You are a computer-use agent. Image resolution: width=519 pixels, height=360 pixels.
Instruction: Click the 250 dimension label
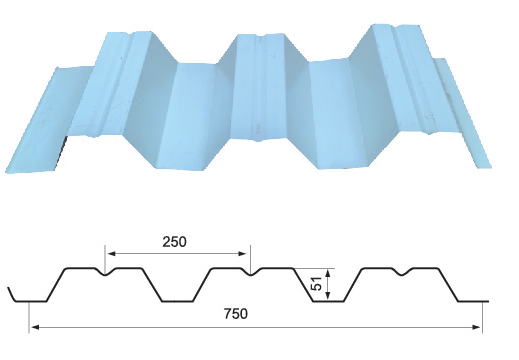(x=173, y=241)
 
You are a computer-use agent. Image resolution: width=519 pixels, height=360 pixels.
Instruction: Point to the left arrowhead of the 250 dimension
(x=109, y=252)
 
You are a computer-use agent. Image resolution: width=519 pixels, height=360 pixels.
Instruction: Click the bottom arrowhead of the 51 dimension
(x=330, y=298)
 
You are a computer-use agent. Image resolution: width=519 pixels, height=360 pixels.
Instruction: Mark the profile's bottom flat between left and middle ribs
(x=179, y=301)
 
